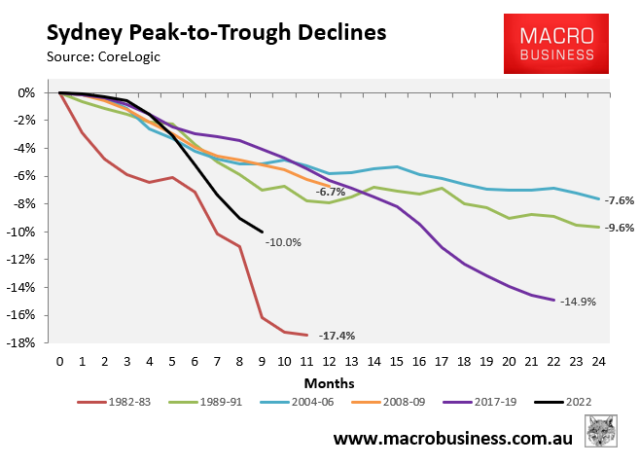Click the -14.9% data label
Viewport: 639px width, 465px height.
pos(578,303)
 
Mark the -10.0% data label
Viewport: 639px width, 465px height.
pos(282,241)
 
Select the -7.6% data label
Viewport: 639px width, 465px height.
pos(620,200)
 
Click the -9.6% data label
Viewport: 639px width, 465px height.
pos(620,228)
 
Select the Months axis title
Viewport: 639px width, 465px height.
pos(328,382)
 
